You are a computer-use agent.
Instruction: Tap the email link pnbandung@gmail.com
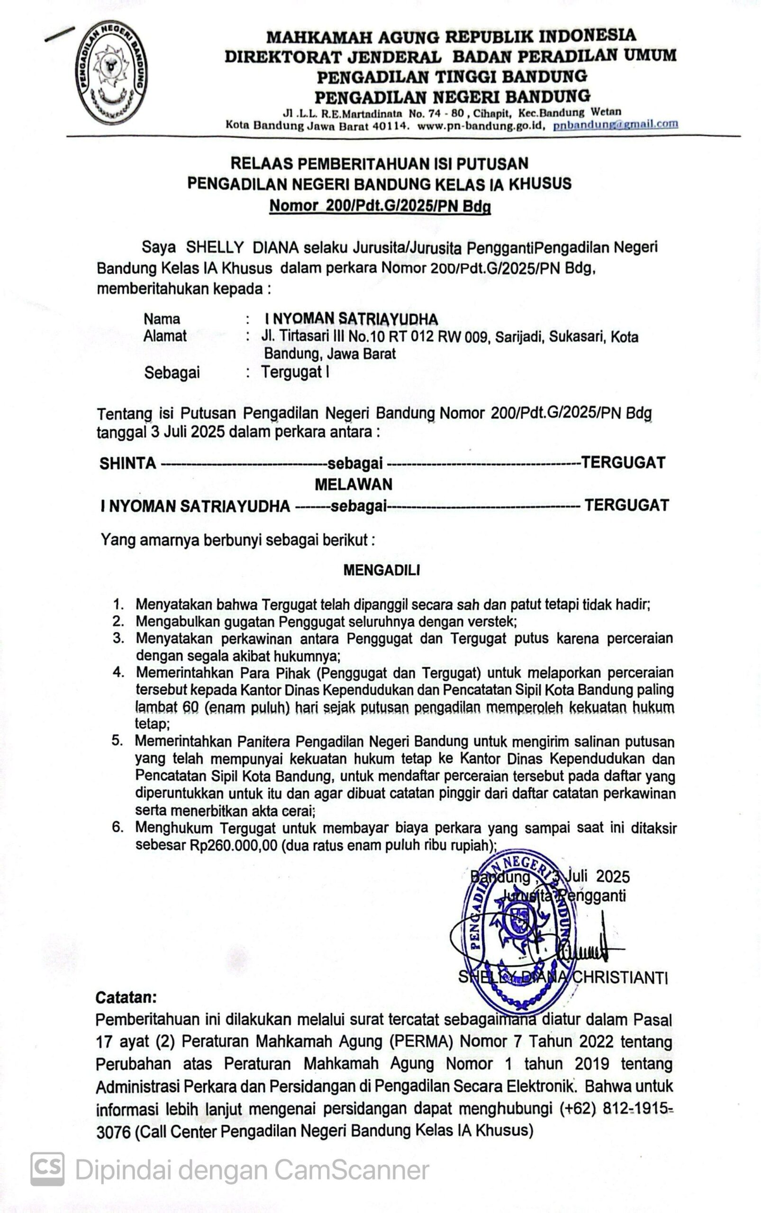[x=615, y=124]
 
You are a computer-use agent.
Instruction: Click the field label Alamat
[x=164, y=336]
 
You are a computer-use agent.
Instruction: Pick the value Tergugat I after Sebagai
[x=295, y=372]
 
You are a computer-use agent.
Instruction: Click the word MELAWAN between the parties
[x=353, y=484]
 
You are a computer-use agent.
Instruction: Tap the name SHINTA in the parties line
[x=127, y=463]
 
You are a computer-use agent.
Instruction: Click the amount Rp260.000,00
[x=234, y=845]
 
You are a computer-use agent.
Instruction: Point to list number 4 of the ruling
[x=118, y=672]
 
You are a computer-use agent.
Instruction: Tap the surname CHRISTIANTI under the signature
[x=620, y=978]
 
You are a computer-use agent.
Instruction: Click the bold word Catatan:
[x=126, y=997]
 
